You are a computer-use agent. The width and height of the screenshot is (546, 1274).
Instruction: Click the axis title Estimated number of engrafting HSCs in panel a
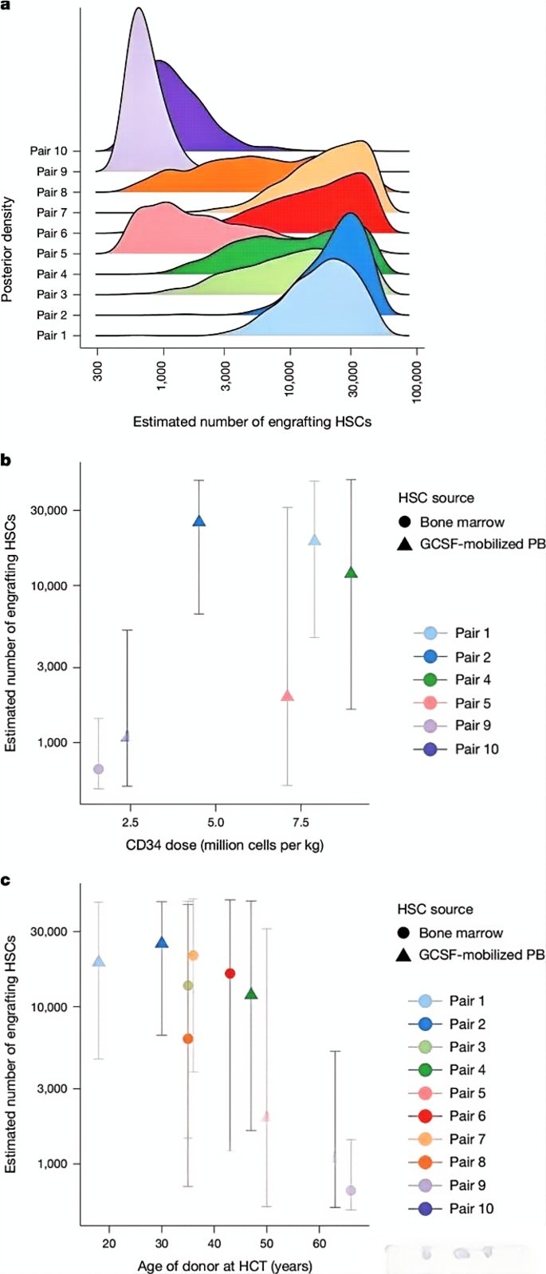pyautogui.click(x=252, y=422)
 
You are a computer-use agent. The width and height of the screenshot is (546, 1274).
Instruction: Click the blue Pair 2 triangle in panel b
pyautogui.click(x=199, y=521)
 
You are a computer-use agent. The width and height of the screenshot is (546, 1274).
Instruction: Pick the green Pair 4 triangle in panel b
pyautogui.click(x=351, y=572)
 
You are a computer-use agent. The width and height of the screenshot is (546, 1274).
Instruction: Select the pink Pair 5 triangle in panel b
pyautogui.click(x=288, y=696)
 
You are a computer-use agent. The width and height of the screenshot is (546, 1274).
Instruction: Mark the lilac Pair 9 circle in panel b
pyautogui.click(x=98, y=769)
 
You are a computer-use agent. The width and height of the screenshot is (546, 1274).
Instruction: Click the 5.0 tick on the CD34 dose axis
pyautogui.click(x=215, y=821)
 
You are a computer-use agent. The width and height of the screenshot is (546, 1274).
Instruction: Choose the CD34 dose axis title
pyautogui.click(x=224, y=845)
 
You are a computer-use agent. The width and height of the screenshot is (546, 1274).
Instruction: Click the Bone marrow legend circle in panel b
pyautogui.click(x=405, y=522)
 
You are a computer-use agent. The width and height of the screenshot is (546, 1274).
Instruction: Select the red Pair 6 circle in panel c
pyautogui.click(x=230, y=973)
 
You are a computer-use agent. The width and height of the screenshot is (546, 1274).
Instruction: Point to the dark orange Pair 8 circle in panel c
pyautogui.click(x=188, y=1039)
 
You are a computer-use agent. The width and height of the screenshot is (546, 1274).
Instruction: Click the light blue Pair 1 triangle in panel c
pyautogui.click(x=99, y=961)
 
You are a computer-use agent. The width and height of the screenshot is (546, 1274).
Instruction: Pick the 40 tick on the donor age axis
pyautogui.click(x=214, y=1243)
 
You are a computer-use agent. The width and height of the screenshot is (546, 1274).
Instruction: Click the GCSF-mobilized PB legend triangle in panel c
pyautogui.click(x=404, y=955)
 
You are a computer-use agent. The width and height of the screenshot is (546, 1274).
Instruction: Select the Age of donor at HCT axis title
pyautogui.click(x=225, y=1266)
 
